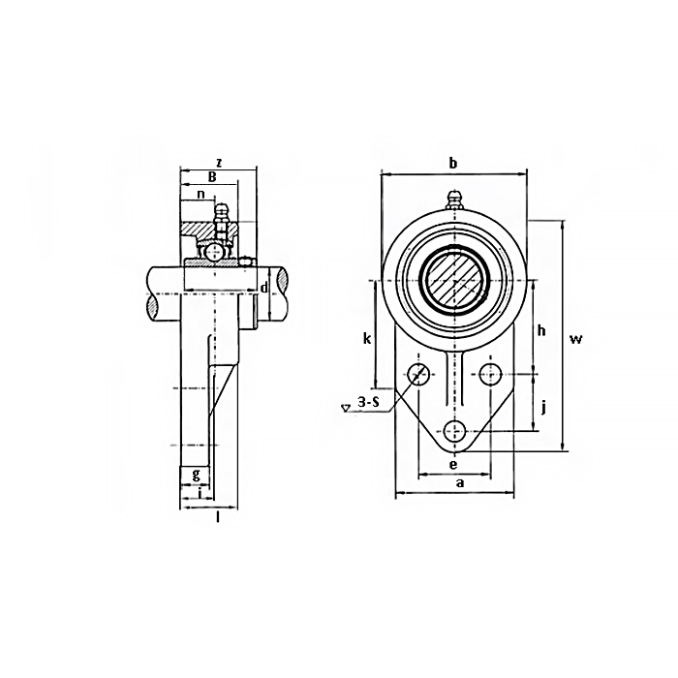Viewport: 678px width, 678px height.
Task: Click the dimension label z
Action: pos(219,162)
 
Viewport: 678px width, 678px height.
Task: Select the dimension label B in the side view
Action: pos(212,176)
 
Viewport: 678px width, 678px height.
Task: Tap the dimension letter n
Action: pos(200,194)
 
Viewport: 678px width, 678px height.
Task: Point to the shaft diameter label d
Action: pos(263,288)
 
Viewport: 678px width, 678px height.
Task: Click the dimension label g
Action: pos(197,474)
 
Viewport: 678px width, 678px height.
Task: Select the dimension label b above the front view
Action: pos(452,163)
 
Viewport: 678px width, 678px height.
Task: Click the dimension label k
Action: pos(366,338)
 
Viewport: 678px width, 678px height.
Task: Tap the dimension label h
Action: pos(541,330)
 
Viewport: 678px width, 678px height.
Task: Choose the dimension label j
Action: pos(543,406)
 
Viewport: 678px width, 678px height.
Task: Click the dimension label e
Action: pos(454,464)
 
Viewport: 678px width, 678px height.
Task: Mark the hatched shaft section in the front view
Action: pos(454,280)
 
